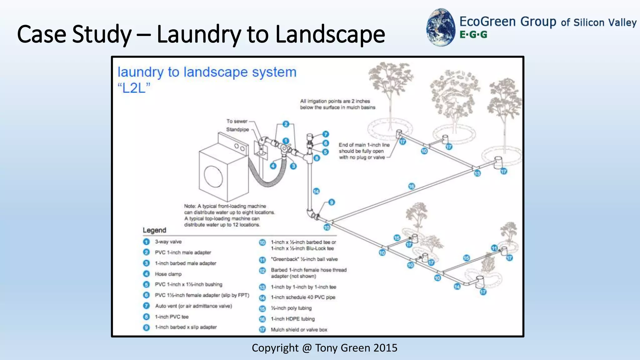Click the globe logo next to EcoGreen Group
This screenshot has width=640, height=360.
coord(441,27)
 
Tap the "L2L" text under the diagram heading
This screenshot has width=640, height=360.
coord(134,88)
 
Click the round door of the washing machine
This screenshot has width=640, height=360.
coord(213,177)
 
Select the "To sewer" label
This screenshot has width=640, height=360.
coord(237,121)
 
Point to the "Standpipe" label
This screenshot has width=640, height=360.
coord(237,129)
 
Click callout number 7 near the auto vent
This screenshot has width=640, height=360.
coord(325,134)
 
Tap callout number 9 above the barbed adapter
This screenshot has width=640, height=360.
coord(331,202)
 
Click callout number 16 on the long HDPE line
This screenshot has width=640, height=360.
coord(411,186)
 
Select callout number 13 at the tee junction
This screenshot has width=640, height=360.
coord(477,173)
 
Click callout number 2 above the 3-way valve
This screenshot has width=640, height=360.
coord(286,124)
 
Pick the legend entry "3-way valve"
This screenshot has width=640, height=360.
coord(168,242)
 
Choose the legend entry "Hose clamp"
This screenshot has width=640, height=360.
coord(168,274)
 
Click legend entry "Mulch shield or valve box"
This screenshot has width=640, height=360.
coord(299,330)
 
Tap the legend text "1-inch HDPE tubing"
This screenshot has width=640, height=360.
coord(292,319)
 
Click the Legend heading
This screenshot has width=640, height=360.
coord(154,230)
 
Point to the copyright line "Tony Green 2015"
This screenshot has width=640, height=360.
coord(324,348)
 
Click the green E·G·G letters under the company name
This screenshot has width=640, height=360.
coord(473,35)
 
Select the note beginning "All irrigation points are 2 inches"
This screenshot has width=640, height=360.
coord(337,104)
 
